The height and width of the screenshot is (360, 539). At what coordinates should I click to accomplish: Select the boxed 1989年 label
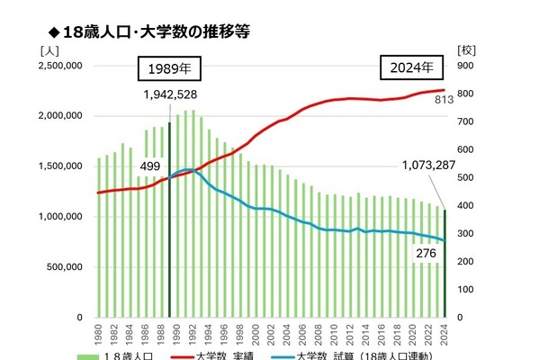[169, 68]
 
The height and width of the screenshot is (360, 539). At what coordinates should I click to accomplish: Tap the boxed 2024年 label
[411, 68]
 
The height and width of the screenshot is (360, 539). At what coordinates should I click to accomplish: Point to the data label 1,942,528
[170, 94]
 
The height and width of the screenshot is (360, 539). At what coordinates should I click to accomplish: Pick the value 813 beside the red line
[445, 100]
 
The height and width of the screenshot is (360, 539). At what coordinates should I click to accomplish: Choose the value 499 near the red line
[151, 166]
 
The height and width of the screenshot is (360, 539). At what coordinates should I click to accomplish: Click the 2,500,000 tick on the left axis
[60, 66]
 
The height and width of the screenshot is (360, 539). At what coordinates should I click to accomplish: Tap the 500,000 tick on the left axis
[66, 267]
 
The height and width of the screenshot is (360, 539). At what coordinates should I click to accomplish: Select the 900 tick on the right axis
[466, 66]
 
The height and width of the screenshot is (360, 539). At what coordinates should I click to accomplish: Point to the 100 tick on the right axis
[466, 290]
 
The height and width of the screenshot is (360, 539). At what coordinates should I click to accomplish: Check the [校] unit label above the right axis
[466, 49]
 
